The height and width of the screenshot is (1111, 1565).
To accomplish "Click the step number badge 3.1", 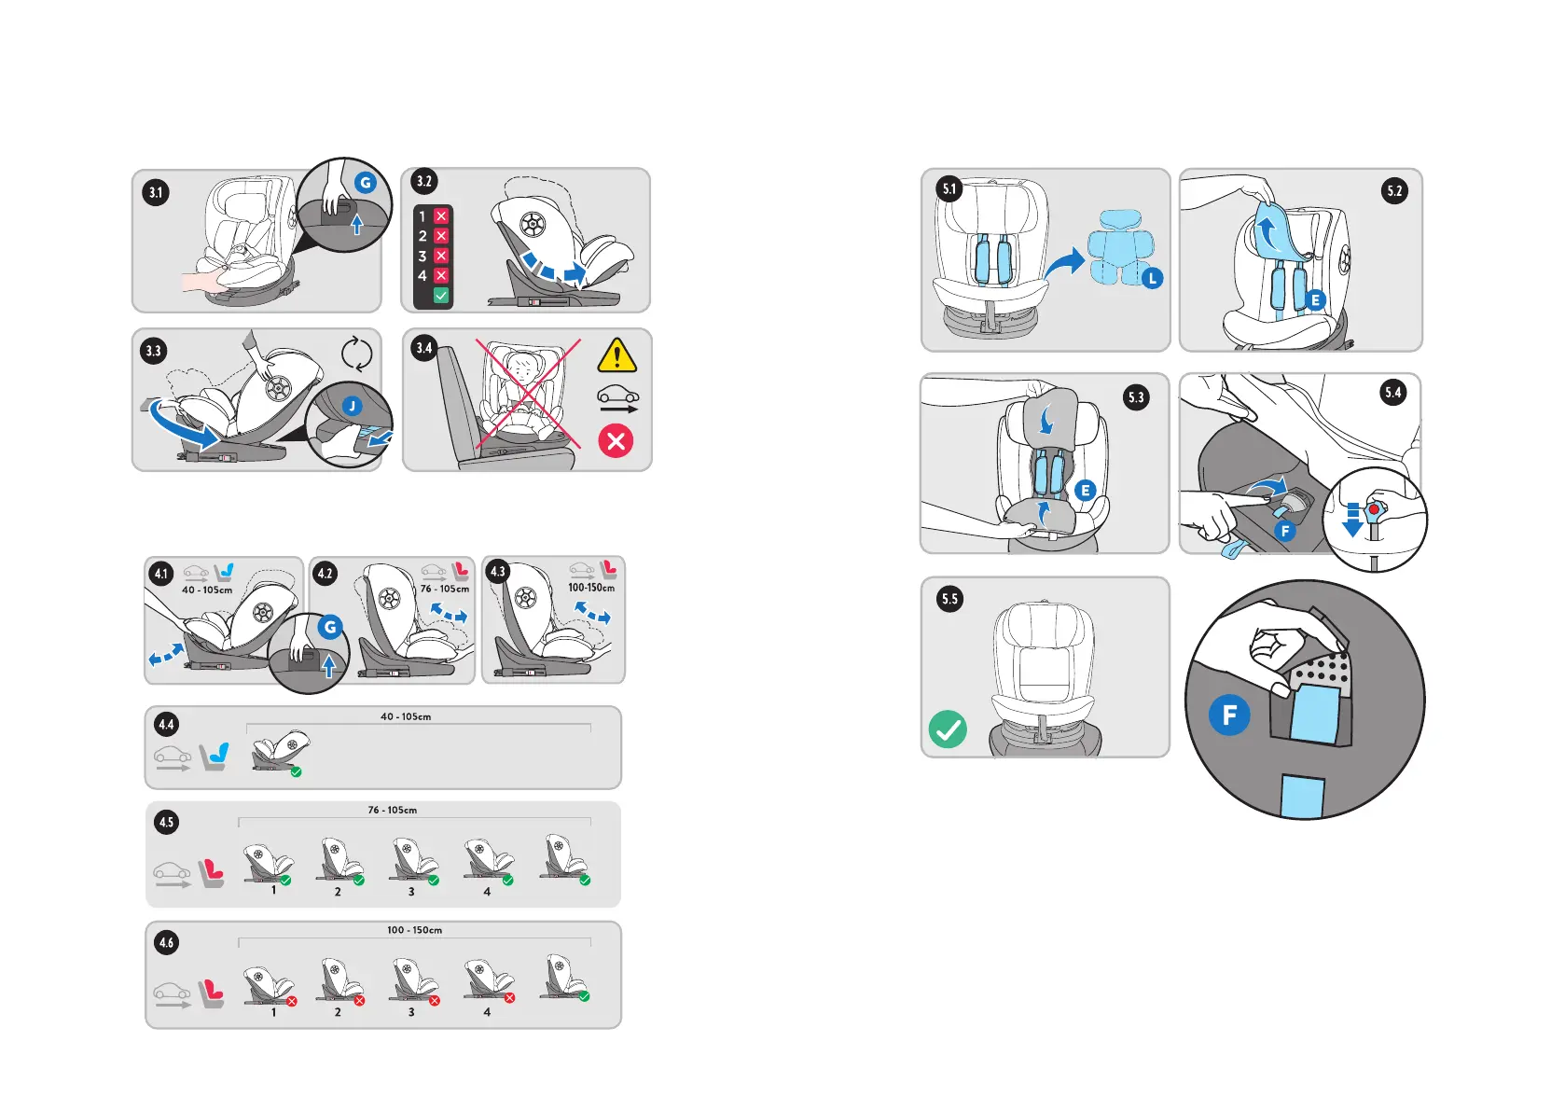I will coord(156,193).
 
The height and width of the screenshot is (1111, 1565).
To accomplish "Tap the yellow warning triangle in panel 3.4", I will coord(616,356).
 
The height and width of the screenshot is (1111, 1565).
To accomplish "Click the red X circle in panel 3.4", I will coord(616,440).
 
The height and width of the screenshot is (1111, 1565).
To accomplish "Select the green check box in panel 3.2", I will coord(441,295).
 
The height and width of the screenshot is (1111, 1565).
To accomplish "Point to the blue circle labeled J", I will coord(352,406).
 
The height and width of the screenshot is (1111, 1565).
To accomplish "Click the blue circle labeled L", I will coord(1153,278).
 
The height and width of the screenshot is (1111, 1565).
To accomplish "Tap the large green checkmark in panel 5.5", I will coord(948,729).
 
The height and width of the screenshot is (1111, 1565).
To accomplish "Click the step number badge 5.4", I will coord(1393,393).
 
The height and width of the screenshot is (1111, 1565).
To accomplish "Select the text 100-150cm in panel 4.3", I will coord(591,588).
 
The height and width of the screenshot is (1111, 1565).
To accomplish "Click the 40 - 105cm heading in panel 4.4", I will coord(406,716).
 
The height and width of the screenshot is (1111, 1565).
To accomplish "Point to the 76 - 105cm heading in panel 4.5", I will coord(393,810).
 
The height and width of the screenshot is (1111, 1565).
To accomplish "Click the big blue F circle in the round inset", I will coord(1229,715).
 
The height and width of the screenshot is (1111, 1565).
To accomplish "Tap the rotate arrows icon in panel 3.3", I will coord(356,354).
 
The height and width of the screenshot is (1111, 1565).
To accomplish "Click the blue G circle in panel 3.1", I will coord(366,183).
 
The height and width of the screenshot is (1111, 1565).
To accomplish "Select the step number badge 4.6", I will coord(166,942).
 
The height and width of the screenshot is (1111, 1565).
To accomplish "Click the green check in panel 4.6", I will coord(584,996).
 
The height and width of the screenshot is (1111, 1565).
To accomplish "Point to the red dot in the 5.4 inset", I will coord(1374,509).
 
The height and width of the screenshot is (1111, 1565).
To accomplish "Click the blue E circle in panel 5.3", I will coord(1085,490).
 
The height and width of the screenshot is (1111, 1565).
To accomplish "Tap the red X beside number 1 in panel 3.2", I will coord(441,216).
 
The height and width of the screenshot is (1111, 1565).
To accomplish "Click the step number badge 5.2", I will coord(1394,191).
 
